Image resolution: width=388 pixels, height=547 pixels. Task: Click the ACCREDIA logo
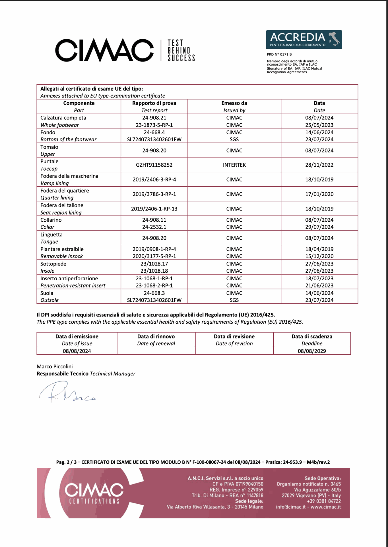304,39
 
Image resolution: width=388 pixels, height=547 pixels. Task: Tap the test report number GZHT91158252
154,165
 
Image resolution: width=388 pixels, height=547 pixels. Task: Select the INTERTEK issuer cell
234,165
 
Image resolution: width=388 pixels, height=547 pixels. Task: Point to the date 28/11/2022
319,165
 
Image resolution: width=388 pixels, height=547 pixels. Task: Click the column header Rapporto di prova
154,103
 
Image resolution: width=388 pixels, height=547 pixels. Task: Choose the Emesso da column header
234,103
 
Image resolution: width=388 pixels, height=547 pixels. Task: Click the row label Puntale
49,162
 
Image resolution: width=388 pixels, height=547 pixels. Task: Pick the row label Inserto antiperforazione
69,279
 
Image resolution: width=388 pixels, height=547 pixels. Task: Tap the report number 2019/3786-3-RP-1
154,194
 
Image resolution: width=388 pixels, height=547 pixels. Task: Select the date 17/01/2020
319,194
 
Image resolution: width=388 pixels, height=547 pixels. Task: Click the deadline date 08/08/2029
312,351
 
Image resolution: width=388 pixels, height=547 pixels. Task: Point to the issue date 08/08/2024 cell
77,351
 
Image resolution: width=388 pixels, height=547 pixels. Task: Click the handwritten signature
67,393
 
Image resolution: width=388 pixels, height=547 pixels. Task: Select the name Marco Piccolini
55,367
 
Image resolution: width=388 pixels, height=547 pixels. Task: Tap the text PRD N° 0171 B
279,54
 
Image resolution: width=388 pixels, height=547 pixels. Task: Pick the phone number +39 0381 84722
324,501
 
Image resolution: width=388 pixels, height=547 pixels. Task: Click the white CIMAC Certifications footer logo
94,493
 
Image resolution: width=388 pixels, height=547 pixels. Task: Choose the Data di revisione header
234,336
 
